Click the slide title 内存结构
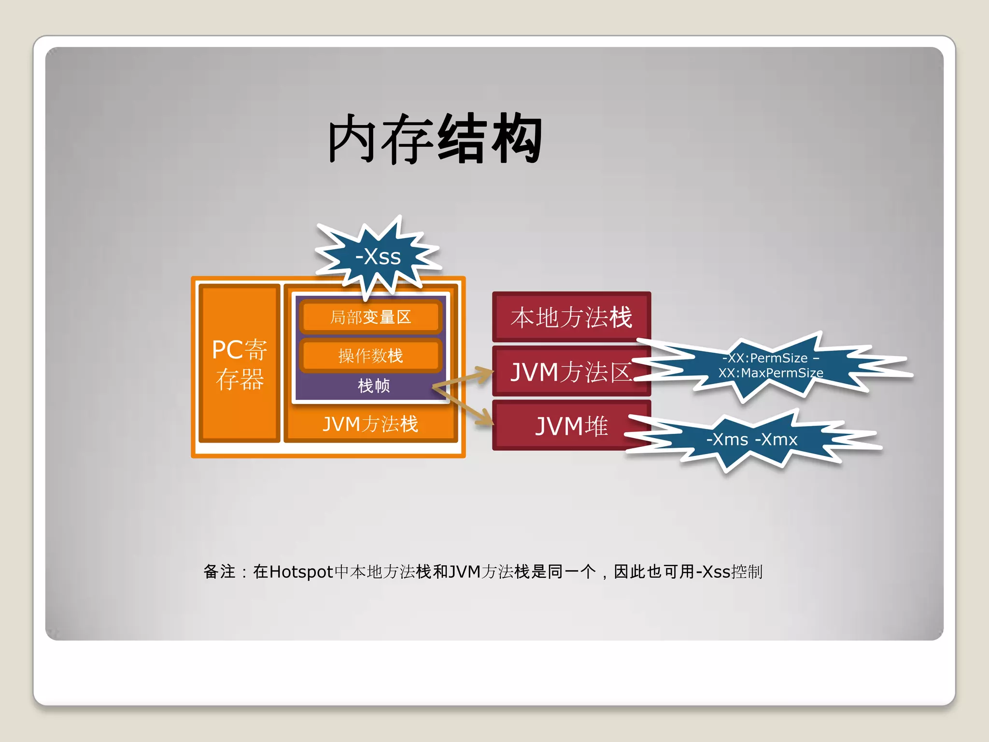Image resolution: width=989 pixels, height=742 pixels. (435, 139)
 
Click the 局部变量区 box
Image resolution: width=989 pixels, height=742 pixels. (370, 317)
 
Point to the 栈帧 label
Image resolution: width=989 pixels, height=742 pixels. (373, 386)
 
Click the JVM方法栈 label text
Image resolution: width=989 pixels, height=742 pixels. (370, 424)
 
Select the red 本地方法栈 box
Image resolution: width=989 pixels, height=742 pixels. (571, 317)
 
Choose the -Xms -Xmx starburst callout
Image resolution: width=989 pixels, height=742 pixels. (751, 440)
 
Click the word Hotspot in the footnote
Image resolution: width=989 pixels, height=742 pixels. (301, 572)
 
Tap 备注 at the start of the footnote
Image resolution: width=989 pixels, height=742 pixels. (219, 571)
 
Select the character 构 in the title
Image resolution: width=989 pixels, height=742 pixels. (517, 139)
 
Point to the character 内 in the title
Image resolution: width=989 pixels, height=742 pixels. (353, 139)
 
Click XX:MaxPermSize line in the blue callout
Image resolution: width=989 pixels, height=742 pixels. (770, 373)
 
